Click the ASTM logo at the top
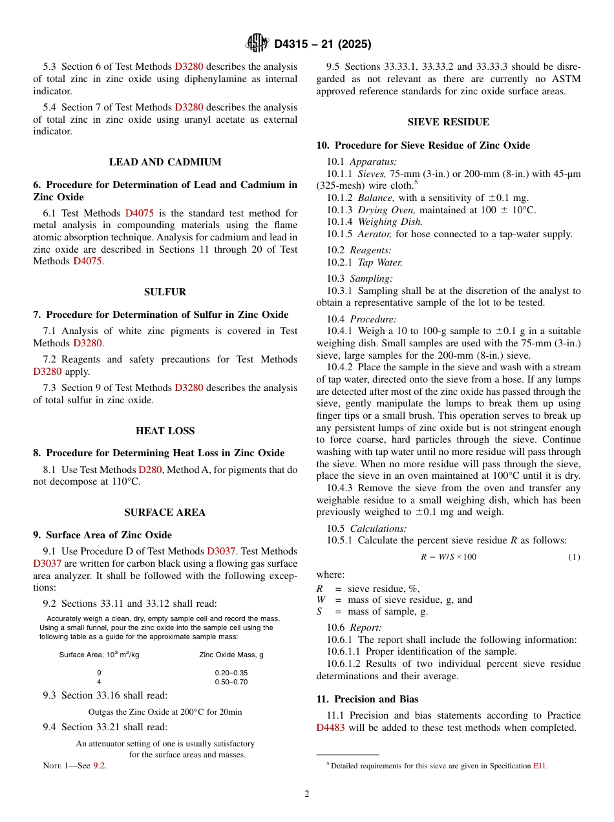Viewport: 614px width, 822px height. coord(257,43)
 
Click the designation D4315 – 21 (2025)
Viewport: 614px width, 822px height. coord(323,44)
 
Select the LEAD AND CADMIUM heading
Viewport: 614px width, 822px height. coord(165,162)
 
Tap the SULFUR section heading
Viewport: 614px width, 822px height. coord(165,292)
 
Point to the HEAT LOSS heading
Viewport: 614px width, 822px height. coord(165,431)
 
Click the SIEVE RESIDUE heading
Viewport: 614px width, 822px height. coord(448,122)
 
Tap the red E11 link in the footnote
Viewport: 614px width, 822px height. coord(539,766)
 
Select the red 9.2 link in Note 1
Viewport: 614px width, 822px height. coord(99,766)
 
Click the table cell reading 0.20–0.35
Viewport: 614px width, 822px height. coord(231,673)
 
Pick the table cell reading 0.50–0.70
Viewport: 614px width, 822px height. coord(231,682)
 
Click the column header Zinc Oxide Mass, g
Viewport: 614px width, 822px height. coord(231,655)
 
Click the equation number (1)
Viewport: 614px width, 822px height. coord(574,556)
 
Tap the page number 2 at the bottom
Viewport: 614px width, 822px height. coord(307,794)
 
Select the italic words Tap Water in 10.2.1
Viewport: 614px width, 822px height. coord(380,262)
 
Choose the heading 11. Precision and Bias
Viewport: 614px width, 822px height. coord(367,699)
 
